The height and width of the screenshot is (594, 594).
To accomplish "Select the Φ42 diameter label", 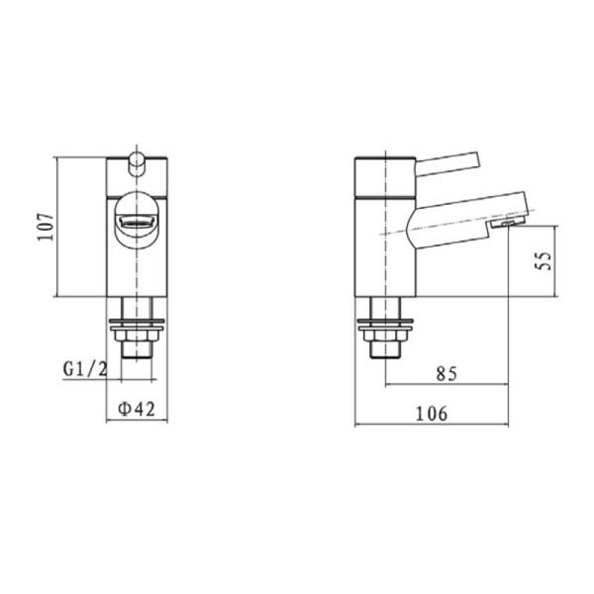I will [137, 409].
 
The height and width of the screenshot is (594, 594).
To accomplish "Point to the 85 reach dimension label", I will [446, 373].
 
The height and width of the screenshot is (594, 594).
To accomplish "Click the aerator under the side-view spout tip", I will [507, 223].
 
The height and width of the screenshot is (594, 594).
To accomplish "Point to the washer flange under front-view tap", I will [137, 324].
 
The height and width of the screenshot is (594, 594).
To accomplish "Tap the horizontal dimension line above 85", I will [446, 385].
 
